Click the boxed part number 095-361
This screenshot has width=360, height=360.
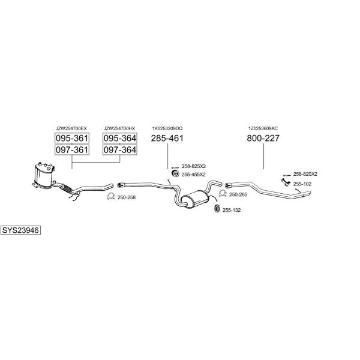pyautogui.click(x=72, y=138)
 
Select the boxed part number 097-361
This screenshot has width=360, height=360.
pyautogui.click(x=72, y=150)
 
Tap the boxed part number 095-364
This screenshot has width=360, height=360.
pyautogui.click(x=120, y=138)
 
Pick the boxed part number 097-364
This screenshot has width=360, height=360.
pyautogui.click(x=120, y=150)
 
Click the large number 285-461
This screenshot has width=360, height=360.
pyautogui.click(x=167, y=138)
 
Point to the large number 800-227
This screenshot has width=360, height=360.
pyautogui.click(x=263, y=138)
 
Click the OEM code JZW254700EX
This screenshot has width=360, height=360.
pyautogui.click(x=71, y=128)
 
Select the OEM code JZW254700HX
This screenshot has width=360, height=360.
pyautogui.click(x=119, y=128)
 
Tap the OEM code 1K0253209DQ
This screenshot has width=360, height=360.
pyautogui.click(x=167, y=128)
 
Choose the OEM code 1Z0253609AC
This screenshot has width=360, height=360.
pyautogui.click(x=263, y=128)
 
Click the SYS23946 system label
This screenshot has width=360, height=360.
pyautogui.click(x=20, y=230)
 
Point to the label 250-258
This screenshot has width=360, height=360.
pyautogui.click(x=127, y=197)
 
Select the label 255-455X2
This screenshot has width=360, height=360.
pyautogui.click(x=194, y=175)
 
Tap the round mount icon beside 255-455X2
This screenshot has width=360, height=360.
pyautogui.click(x=175, y=174)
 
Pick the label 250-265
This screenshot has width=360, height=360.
pyautogui.click(x=238, y=194)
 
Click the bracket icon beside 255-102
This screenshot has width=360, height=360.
pyautogui.click(x=286, y=182)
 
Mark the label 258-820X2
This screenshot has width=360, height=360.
pyautogui.click(x=305, y=174)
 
